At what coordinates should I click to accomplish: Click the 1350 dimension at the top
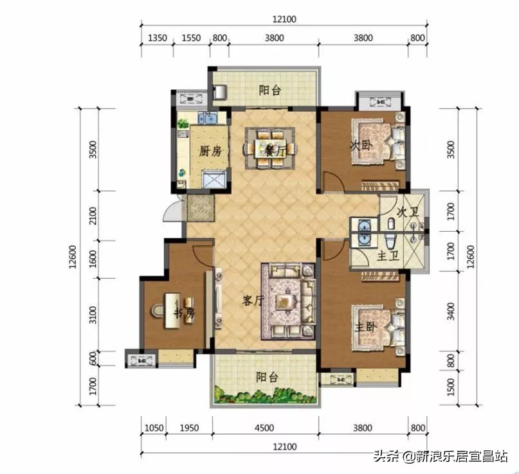pos(158,38)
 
